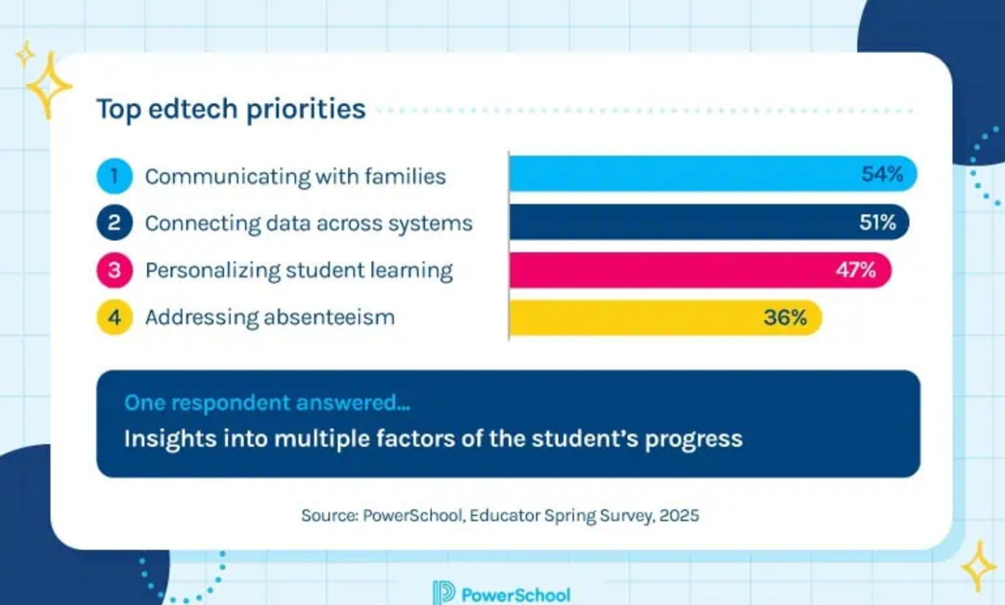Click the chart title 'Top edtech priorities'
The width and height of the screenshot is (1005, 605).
point(231,109)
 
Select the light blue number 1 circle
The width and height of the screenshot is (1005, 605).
point(114,176)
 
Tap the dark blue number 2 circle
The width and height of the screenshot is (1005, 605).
point(114,222)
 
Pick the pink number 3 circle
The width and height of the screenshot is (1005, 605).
point(114,270)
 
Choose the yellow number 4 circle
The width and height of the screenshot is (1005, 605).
point(114,317)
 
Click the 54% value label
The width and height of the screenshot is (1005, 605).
point(882,174)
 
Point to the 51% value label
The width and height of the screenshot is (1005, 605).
point(878,222)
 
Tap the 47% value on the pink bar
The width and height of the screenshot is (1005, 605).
point(856,270)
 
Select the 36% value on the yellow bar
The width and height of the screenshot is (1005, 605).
point(785,317)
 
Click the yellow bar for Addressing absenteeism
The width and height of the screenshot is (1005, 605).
point(665,317)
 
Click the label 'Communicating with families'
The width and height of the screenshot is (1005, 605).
point(296,176)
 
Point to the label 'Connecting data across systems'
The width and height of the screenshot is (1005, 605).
point(309,223)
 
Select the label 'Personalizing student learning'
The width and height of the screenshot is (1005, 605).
point(299,271)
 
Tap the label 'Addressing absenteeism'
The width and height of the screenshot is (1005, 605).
point(270,317)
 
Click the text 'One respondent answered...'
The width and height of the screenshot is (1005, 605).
point(267,402)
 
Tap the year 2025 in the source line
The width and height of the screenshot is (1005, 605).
point(679,516)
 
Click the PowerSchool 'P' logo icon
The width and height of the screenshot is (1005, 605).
point(444,594)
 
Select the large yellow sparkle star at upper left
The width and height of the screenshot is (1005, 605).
point(47,86)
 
